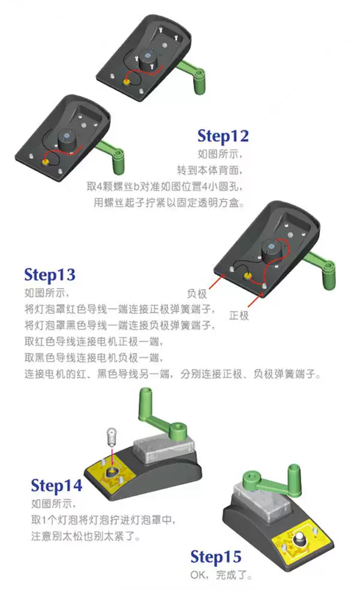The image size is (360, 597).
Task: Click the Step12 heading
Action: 223,136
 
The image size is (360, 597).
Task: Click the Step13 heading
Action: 50,275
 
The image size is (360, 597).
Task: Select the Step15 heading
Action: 216,557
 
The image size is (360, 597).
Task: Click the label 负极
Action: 197,293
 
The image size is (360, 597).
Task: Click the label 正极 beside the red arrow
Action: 239,316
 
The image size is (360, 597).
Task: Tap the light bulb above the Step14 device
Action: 112,436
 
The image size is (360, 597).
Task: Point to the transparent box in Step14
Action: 164,449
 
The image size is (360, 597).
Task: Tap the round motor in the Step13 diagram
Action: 272,250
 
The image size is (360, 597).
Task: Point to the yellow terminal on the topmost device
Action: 126,81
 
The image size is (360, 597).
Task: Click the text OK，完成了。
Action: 221,575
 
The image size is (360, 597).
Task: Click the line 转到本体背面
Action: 209,170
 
